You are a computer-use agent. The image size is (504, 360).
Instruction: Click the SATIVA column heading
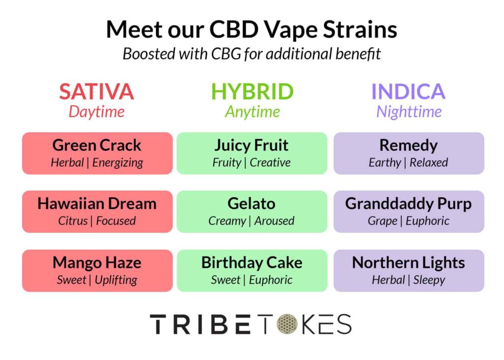point(96,92)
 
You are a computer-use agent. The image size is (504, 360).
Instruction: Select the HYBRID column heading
point(252,92)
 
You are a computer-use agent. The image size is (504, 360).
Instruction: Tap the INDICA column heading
point(408,92)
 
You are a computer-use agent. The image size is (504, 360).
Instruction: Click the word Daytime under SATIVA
point(96,112)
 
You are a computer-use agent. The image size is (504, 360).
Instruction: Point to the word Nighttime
point(409,112)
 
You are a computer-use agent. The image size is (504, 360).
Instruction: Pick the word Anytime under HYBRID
point(252,112)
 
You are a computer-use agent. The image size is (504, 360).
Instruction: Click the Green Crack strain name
point(97,145)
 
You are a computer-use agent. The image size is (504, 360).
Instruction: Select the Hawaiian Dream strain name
point(97,204)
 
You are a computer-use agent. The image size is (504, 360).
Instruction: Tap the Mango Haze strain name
point(97,263)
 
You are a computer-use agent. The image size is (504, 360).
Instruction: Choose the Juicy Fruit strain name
point(252,145)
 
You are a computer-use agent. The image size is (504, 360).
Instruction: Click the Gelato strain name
point(252,204)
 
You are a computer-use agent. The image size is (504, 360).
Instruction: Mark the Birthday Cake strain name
point(252,263)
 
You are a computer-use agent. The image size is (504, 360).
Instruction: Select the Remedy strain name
point(409,145)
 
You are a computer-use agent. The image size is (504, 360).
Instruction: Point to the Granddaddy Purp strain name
point(409,204)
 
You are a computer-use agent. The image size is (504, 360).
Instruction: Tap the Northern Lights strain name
point(409,263)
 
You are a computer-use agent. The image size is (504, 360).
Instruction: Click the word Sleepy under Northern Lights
point(429,280)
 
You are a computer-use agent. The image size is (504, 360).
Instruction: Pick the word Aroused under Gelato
point(274,221)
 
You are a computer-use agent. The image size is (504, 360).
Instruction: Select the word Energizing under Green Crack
point(118,163)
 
